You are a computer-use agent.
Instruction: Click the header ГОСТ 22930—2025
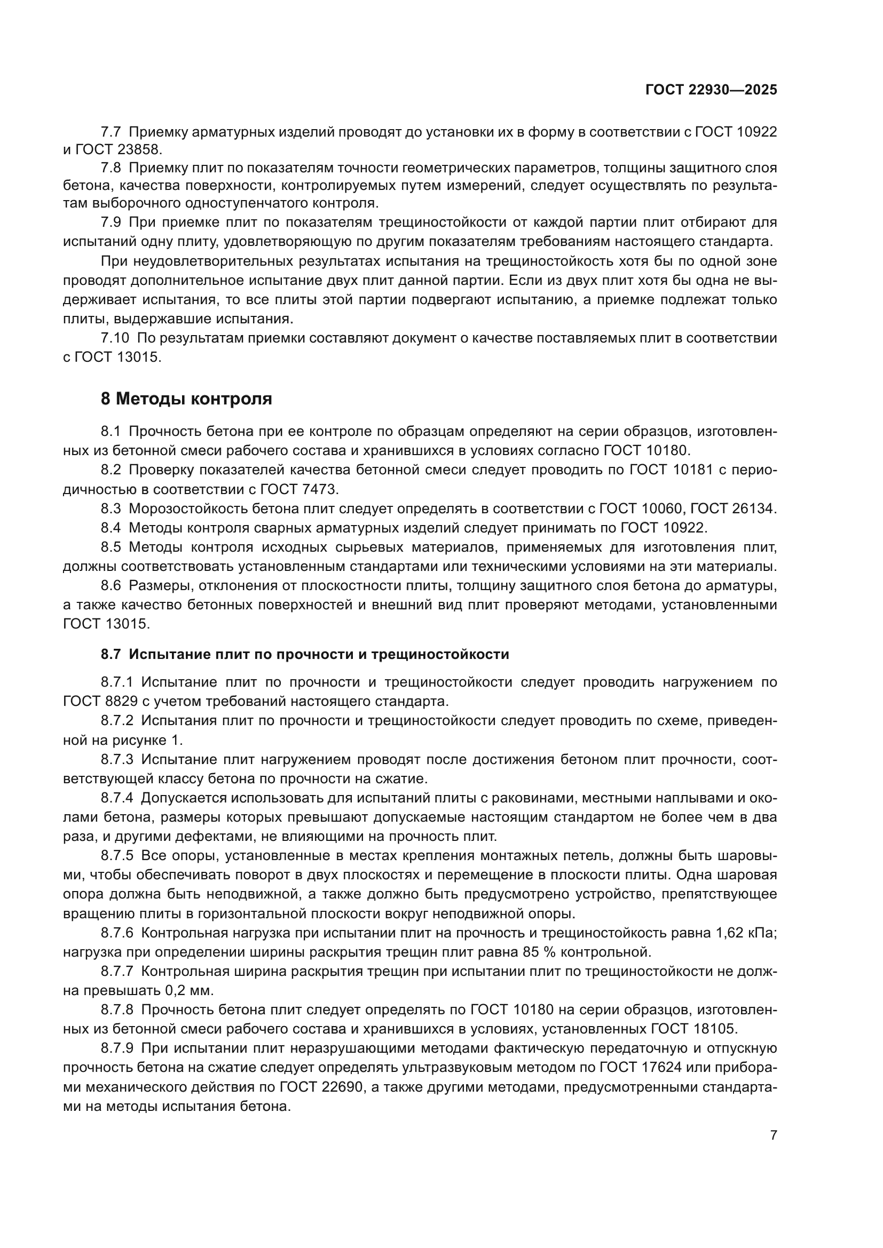click(711, 90)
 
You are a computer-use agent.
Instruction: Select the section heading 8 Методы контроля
click(186, 399)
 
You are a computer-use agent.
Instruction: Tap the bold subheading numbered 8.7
click(304, 655)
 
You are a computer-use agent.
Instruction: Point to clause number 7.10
click(115, 338)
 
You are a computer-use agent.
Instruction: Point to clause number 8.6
click(111, 585)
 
